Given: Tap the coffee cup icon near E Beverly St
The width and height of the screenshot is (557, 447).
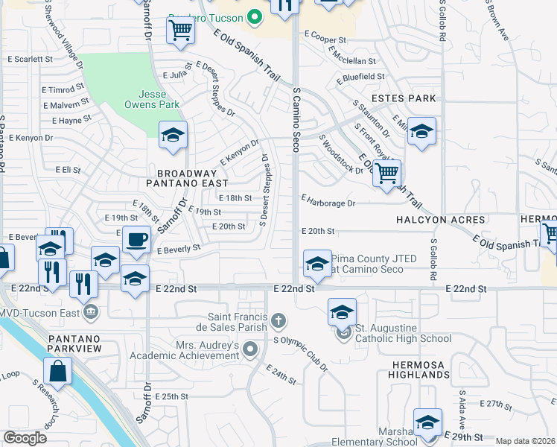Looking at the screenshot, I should coord(136,240).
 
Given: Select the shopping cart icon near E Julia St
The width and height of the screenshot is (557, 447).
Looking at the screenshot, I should coord(181,31).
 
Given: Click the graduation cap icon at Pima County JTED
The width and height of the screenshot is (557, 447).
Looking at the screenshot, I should coord(317,263).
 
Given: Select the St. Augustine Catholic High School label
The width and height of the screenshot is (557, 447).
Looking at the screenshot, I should coord(402,334).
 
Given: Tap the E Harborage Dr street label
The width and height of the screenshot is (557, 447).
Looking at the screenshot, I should coord(328,201).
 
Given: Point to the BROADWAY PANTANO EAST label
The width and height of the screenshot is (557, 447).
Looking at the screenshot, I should coord(181,177).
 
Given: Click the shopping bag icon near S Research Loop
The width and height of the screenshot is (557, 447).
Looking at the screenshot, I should coord(57,370).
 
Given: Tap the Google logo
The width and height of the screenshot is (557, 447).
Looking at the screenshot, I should coord(25,438).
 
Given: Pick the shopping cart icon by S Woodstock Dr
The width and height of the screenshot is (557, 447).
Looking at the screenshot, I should coord(386,174).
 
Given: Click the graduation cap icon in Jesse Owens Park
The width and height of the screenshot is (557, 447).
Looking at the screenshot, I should coord(173,135).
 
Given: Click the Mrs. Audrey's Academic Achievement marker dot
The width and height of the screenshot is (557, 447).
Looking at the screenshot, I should coord(251,349).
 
